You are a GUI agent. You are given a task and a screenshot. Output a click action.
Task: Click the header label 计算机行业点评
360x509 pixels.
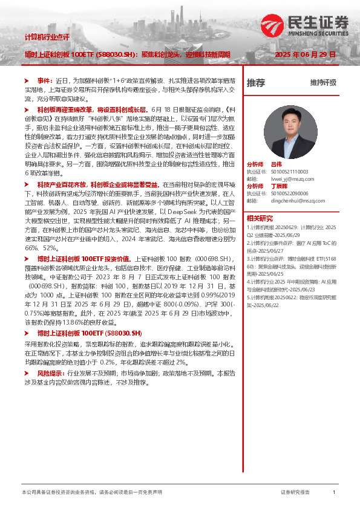coord(47,37)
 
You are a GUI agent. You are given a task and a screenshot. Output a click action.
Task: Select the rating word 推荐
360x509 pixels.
coord(255,83)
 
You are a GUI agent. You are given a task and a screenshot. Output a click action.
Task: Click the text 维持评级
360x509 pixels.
coord(323,83)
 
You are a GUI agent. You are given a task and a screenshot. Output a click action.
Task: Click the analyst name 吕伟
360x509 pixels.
coord(276,164)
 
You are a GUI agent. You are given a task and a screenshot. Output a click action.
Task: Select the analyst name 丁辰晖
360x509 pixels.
coord(278,186)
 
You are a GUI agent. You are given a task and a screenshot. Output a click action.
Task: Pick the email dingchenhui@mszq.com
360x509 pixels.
coord(293,201)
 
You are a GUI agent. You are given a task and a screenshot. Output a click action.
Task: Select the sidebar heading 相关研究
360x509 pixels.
coord(259,218)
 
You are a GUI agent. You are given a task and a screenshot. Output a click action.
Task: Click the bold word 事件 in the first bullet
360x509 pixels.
coord(44,80)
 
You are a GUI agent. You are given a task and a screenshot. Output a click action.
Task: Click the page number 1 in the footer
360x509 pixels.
coord(334,493)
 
